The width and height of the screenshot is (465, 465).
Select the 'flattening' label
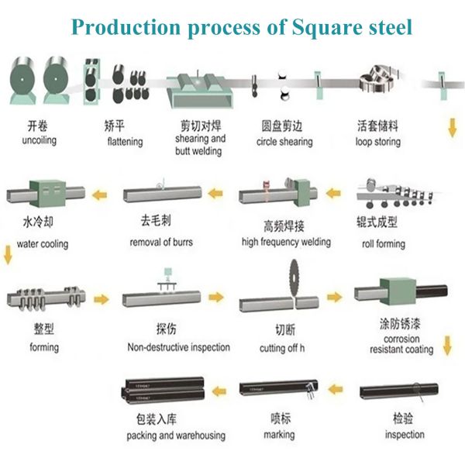pos(124,142)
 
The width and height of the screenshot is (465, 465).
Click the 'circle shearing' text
pos(284,142)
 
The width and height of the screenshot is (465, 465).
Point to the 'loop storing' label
pos(378,142)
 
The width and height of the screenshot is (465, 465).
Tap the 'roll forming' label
pos(384,243)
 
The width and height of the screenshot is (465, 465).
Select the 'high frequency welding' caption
pos(286,242)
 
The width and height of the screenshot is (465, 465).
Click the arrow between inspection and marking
pos(336,386)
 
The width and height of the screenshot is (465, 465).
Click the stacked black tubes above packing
pos(163,387)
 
